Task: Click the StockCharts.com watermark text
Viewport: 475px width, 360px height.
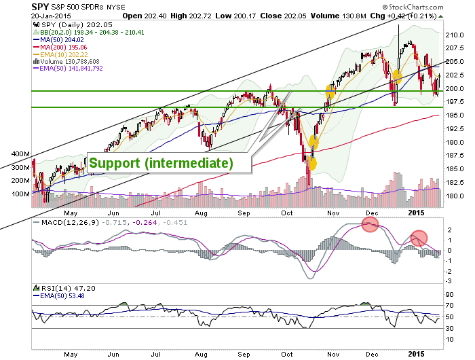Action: point(413,7)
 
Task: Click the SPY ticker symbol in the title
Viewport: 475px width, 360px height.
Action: point(40,7)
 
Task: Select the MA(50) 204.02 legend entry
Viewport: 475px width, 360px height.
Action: point(58,39)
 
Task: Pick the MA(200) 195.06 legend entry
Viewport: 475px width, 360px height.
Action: point(60,48)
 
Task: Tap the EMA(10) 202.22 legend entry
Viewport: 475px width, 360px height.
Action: point(60,54)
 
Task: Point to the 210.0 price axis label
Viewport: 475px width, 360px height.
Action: point(455,35)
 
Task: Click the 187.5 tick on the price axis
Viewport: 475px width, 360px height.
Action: point(455,156)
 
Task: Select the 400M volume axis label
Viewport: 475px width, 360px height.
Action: point(20,154)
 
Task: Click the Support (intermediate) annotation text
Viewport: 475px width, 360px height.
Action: point(161,163)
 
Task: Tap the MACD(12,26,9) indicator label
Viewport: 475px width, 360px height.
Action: point(71,223)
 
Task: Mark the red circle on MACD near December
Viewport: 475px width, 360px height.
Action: point(370,224)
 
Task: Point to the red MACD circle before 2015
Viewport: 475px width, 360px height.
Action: point(419,238)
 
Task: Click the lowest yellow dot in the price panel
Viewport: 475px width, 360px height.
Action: point(311,164)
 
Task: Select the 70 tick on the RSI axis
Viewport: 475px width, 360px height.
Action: point(450,306)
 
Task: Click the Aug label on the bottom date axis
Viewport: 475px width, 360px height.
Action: point(201,355)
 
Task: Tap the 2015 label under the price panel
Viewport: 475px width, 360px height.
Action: point(416,213)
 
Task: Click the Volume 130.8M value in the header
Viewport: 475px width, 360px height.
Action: point(339,16)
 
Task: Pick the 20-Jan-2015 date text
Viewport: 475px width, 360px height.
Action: point(51,16)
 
